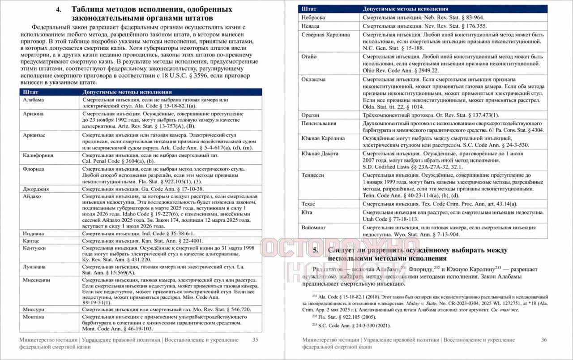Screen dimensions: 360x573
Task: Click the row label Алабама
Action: pos(34,100)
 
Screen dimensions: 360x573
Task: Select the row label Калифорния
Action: pos(38,155)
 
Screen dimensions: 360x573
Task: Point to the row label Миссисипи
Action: pos(37,280)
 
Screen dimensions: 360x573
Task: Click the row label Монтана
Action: pos(34,317)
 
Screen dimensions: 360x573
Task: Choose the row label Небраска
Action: pos(313,17)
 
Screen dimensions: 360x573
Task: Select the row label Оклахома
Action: pos(314,79)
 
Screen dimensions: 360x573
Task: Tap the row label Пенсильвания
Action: pos(319,123)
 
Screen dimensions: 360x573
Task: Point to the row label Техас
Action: pos(309,204)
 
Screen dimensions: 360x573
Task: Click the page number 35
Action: pos(255,340)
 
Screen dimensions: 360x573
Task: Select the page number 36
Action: pos(544,340)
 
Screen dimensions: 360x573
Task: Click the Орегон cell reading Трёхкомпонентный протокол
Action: pos(421,115)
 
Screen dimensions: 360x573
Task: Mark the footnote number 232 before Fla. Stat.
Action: pos(314,316)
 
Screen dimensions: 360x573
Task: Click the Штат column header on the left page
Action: pos(30,92)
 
